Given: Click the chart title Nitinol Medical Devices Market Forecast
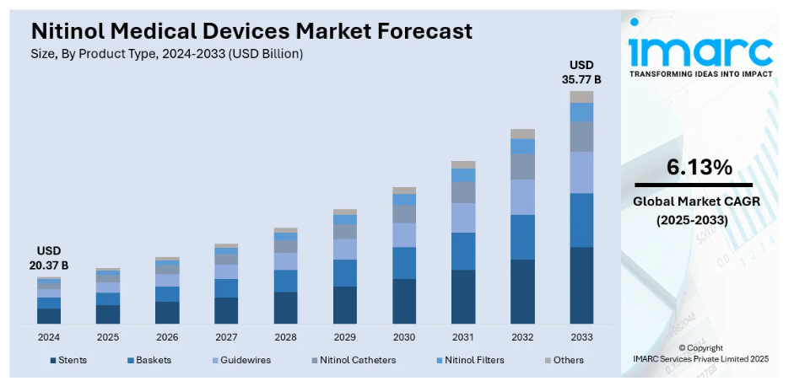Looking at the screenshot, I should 251,31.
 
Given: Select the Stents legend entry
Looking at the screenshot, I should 68,360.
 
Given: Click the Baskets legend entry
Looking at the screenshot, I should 149,360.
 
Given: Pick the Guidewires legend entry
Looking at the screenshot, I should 240,360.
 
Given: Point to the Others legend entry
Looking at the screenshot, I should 563,360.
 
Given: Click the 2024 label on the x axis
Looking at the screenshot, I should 49,336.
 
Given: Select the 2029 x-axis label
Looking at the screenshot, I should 344,336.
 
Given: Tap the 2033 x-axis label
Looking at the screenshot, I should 581,336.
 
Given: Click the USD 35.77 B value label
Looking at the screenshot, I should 581,72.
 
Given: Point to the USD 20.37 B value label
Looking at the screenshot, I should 48,259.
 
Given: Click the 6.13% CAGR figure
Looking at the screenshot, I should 699,168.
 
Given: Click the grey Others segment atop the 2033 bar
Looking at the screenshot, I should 581,97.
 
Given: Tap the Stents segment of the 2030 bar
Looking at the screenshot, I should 404,301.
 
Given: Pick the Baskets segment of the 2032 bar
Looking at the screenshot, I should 522,237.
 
